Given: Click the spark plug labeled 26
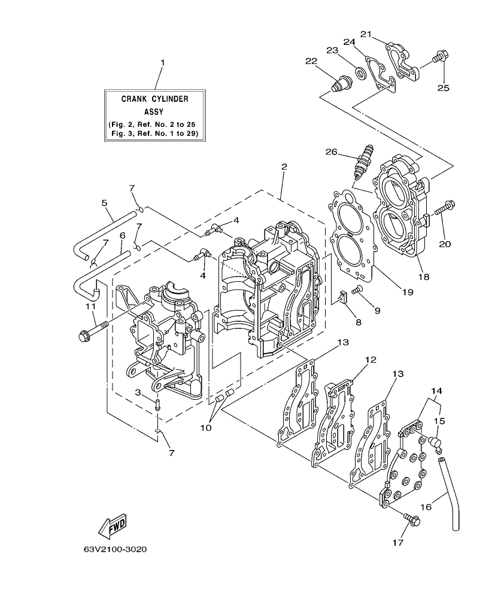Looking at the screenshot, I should coord(363,162).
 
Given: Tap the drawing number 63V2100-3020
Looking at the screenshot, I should coord(115,549).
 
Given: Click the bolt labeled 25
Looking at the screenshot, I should coord(439,57).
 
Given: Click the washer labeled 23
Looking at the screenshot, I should coord(360,73).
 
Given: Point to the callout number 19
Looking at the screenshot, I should coord(408,292).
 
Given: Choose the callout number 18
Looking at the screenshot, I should coord(424,276).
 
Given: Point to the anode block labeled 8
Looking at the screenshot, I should coord(343,297).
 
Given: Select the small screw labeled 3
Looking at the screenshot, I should coord(157,403).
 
